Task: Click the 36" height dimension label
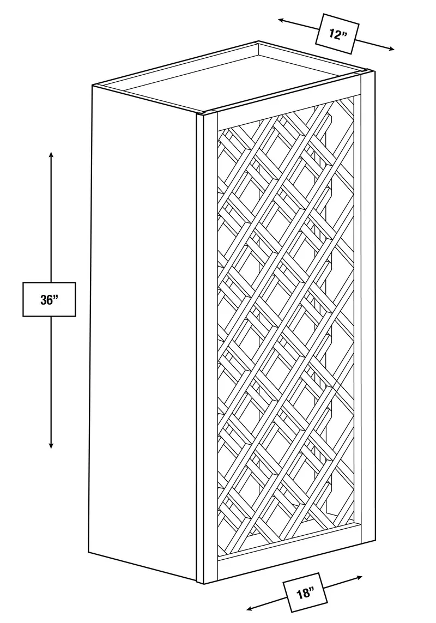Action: (49, 299)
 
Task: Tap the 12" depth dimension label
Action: (337, 34)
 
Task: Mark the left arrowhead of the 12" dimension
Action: (282, 20)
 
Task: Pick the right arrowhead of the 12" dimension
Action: (390, 49)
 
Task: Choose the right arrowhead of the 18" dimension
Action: (358, 577)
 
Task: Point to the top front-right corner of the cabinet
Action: (374, 71)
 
